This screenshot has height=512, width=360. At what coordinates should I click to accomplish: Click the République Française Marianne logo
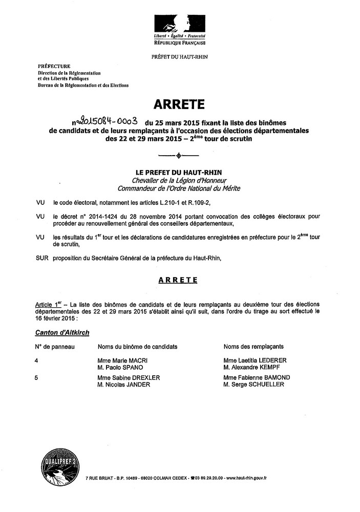[x=179, y=26]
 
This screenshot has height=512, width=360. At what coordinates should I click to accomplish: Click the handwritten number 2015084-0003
[x=106, y=122]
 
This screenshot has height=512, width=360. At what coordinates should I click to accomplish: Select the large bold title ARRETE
[x=179, y=105]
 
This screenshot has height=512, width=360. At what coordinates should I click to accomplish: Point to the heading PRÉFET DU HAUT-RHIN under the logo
[x=180, y=56]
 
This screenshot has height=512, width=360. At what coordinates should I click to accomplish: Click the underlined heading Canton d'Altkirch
[x=62, y=332]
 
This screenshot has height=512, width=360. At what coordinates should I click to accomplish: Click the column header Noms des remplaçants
[x=253, y=347]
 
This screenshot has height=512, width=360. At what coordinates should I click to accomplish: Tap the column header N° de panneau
[x=55, y=347]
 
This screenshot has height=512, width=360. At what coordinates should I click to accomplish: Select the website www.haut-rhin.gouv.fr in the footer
[x=249, y=478]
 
